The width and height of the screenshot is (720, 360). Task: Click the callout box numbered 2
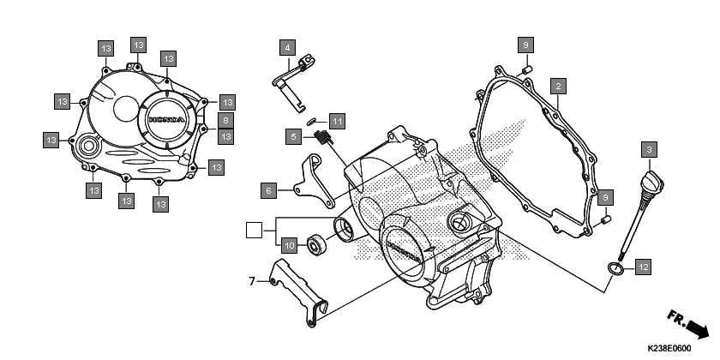pyautogui.click(x=558, y=87)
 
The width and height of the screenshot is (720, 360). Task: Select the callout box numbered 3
pyautogui.click(x=651, y=150)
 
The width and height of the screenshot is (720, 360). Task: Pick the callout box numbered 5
pyautogui.click(x=294, y=137)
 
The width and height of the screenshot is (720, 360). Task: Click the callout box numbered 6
pyautogui.click(x=268, y=190)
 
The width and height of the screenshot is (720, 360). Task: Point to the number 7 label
pyautogui.click(x=253, y=280)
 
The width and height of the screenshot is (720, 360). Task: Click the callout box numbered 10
pyautogui.click(x=290, y=246)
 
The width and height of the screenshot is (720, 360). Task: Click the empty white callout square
pyautogui.click(x=253, y=229)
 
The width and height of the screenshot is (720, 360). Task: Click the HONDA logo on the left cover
pyautogui.click(x=166, y=121)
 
